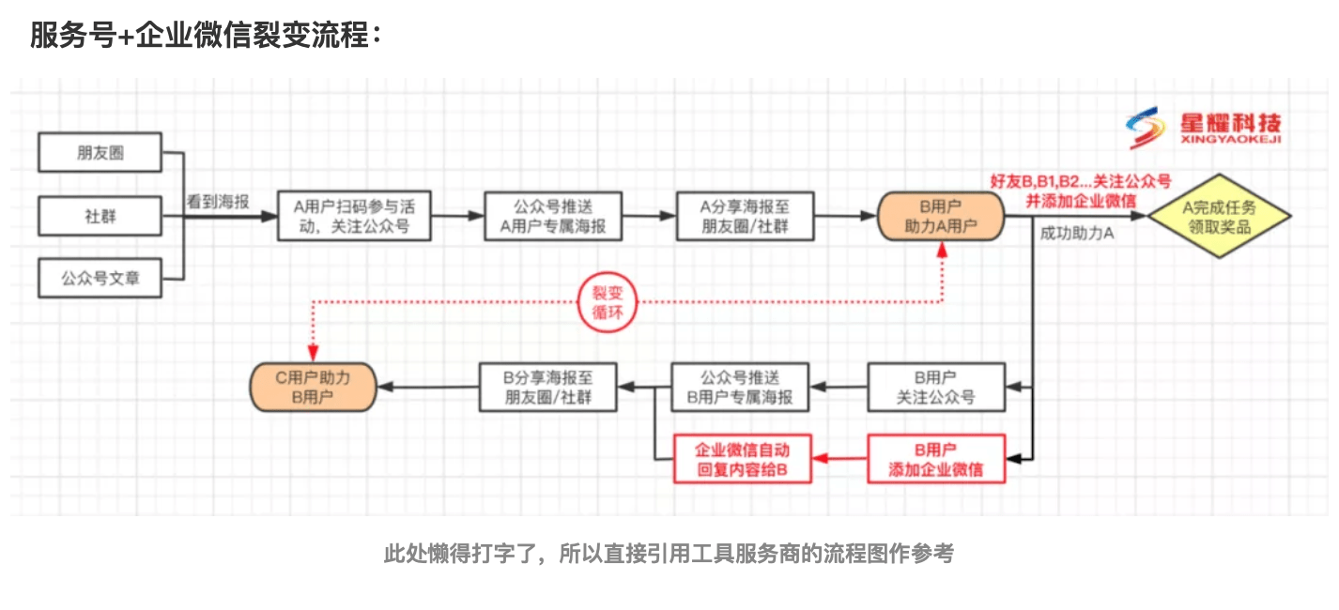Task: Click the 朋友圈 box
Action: [100, 153]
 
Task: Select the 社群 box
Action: [100, 216]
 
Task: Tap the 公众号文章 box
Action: [100, 279]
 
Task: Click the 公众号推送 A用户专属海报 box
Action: [553, 217]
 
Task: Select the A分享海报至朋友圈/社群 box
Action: [745, 217]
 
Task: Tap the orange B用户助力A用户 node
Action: [941, 217]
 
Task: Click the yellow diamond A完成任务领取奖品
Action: [1219, 217]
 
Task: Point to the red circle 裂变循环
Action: [602, 302]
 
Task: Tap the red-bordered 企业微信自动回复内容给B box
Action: [743, 459]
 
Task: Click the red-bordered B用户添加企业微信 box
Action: [935, 459]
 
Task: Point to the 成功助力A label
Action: [1077, 234]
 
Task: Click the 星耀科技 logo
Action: [1204, 130]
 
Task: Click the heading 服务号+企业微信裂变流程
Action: [206, 36]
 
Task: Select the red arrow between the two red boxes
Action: [839, 459]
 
